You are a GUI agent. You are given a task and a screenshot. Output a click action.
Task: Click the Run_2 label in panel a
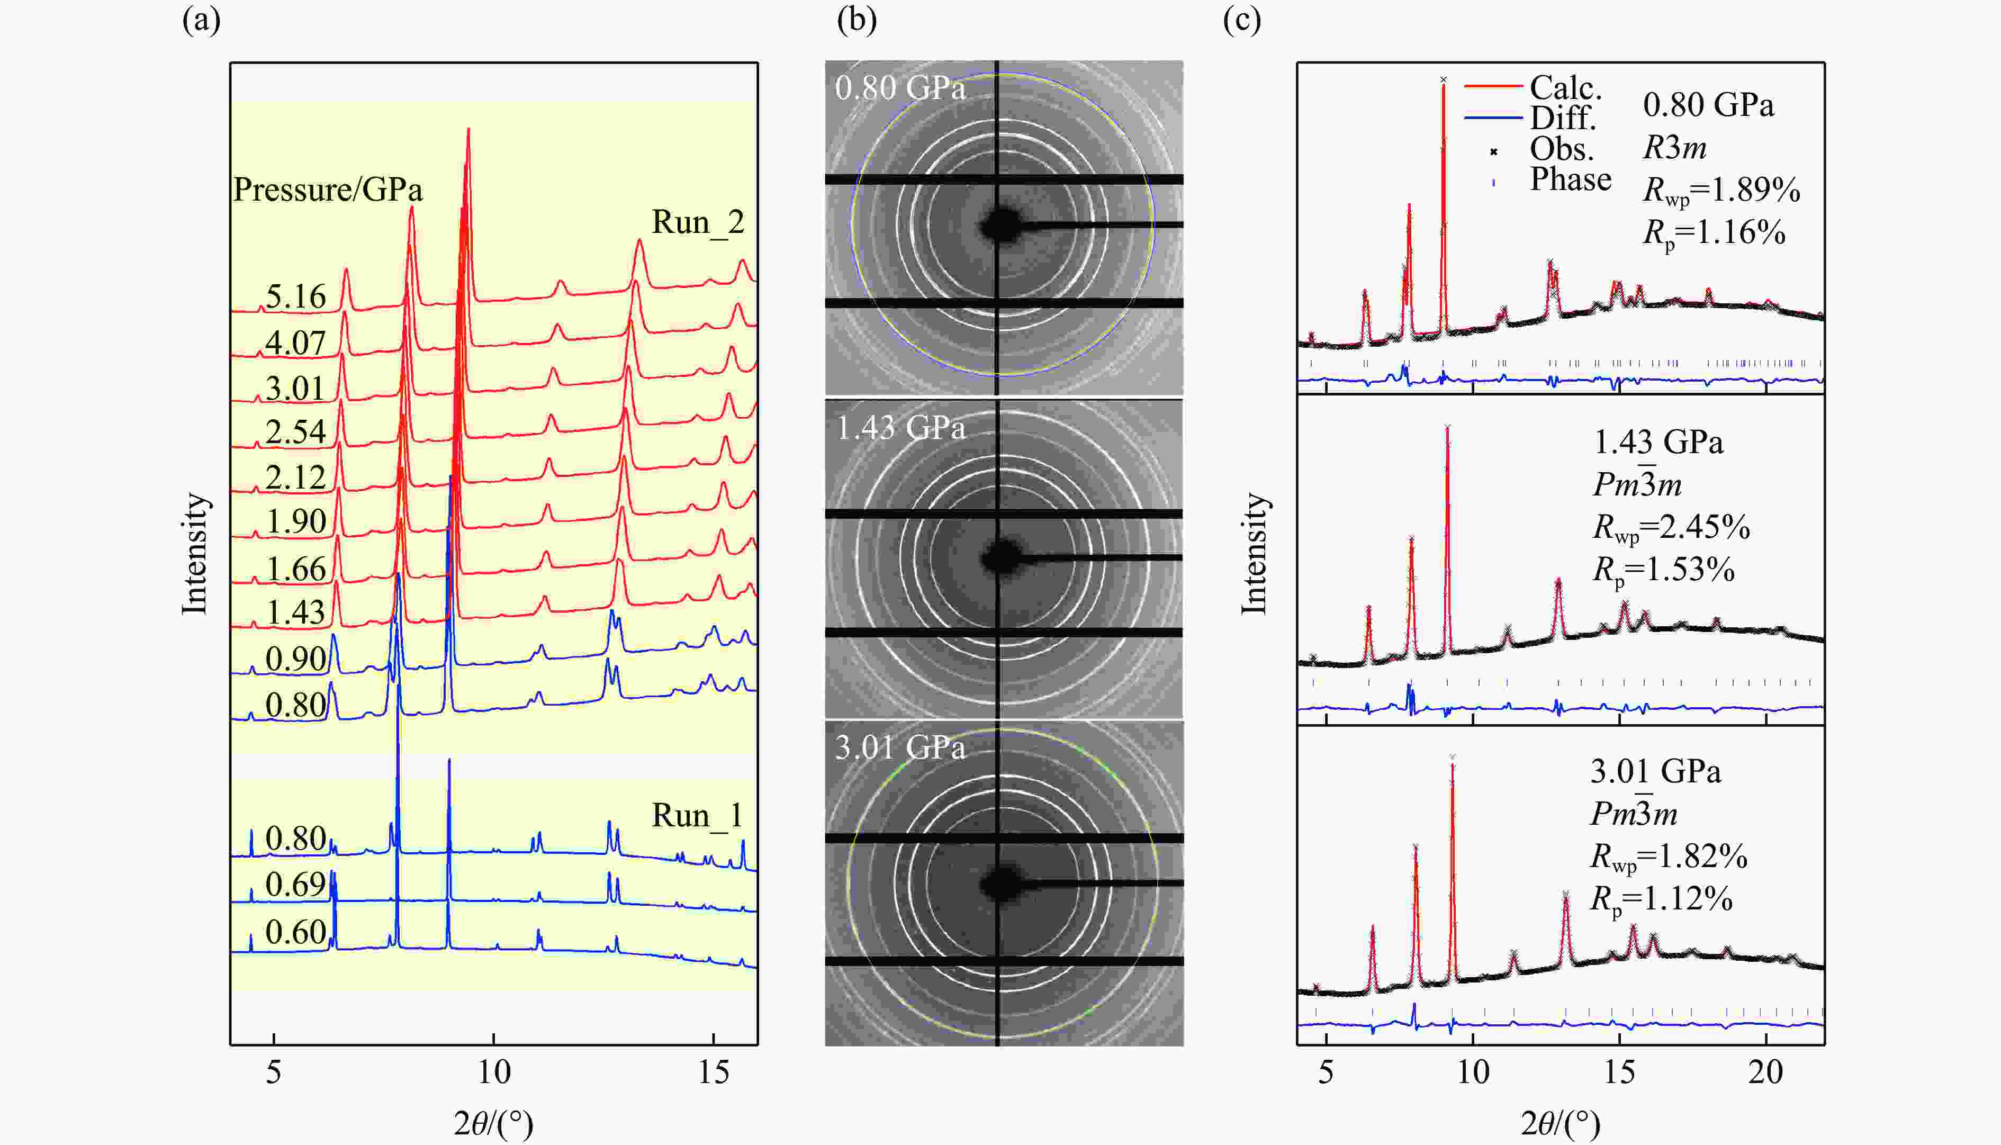(697, 222)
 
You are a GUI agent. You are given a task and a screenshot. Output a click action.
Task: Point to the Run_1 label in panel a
(697, 816)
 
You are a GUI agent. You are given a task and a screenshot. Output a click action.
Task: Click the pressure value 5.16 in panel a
(295, 296)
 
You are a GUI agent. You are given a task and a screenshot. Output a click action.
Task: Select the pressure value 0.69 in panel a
(295, 885)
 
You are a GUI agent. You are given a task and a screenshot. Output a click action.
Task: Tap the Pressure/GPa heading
(328, 190)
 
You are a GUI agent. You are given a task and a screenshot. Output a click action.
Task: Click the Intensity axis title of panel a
(195, 554)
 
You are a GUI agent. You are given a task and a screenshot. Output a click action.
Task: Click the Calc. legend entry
(1565, 87)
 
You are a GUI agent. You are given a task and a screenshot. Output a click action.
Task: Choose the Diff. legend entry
(1562, 119)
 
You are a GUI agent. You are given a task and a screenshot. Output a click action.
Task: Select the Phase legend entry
(1570, 180)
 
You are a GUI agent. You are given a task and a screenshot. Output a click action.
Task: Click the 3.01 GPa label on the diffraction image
(900, 747)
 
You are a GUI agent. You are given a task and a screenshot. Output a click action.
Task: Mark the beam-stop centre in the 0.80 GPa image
(999, 226)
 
